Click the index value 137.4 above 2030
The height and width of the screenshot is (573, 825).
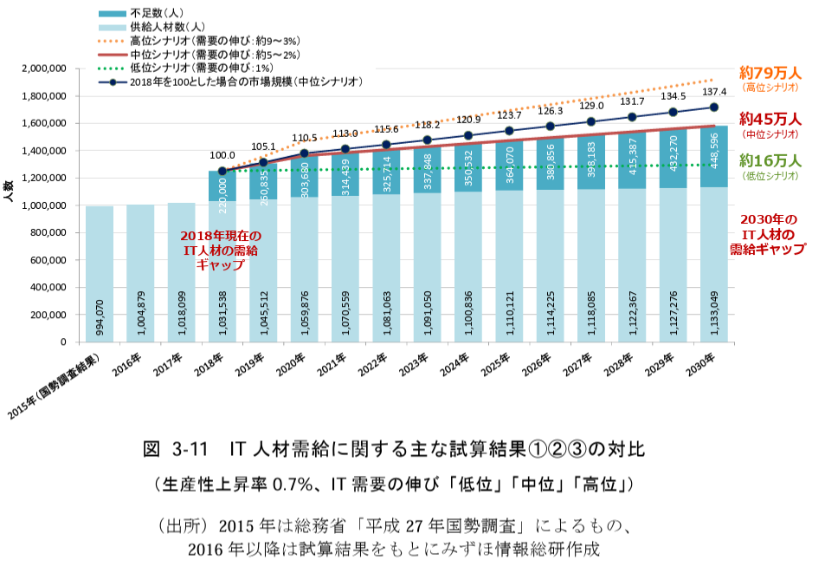point(714,92)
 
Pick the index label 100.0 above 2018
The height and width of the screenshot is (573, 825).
point(223,154)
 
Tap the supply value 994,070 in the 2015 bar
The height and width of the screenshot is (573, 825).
point(100,317)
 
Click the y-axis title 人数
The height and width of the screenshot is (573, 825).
point(8,191)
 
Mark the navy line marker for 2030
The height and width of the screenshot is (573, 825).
point(714,107)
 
